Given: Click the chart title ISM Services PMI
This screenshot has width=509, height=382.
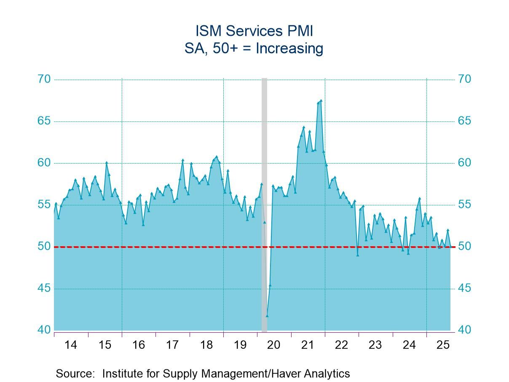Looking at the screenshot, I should tap(254, 31).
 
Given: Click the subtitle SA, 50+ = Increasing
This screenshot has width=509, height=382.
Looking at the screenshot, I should tap(254, 48).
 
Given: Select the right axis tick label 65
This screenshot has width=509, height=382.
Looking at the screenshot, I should tap(465, 121).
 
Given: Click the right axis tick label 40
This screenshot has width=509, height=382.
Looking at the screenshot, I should tap(465, 330).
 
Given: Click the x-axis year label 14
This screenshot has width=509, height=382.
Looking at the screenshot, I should tap(71, 345).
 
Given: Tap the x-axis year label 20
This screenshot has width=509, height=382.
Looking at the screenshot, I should tap(274, 345).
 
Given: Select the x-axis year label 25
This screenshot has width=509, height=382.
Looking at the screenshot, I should tap(443, 345).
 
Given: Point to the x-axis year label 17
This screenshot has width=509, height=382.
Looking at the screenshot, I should tap(172, 345).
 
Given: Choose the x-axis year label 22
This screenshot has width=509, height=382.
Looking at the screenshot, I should tap(341, 345).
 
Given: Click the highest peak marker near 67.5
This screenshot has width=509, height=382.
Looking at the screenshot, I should tap(321, 100).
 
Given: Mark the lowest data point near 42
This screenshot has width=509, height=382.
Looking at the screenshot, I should tap(267, 315).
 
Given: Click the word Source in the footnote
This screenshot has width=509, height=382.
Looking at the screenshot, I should tap(74, 374).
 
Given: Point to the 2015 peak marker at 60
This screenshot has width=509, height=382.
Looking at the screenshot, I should tap(107, 162).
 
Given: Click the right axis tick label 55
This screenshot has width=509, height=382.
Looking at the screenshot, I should tap(465, 204).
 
